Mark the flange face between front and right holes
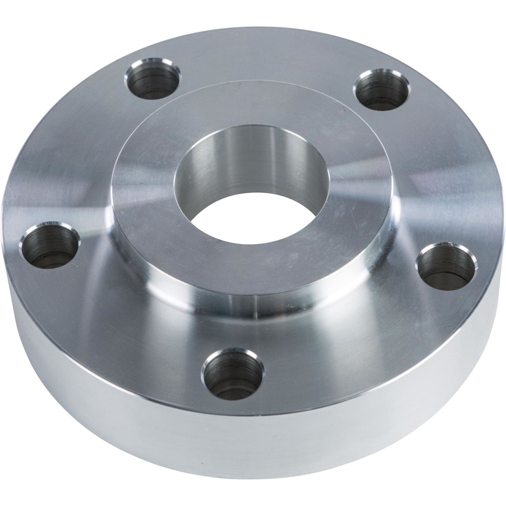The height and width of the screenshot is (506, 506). pos(350,336)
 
